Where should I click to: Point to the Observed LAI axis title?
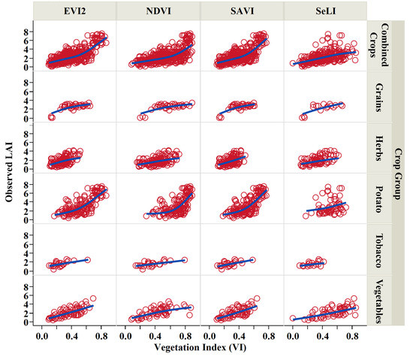pos(9,173)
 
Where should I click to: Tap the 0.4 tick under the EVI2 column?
pos(73,336)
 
